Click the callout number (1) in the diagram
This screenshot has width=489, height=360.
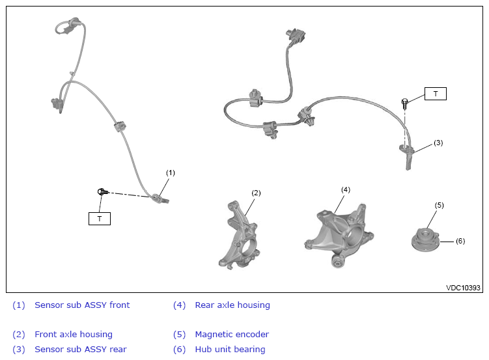coord(171,173)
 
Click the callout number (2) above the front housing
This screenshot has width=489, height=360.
coord(256,193)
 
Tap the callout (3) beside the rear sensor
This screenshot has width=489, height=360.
coord(438,143)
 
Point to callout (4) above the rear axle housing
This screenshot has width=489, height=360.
coord(346,189)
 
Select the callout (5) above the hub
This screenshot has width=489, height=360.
coord(440,205)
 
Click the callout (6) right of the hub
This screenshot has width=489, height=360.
coord(460,241)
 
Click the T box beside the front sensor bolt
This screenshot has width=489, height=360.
coord(100,219)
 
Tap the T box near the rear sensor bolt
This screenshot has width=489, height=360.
coord(436,94)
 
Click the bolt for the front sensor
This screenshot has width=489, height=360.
coord(102,191)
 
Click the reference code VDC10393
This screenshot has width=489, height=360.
coord(463,287)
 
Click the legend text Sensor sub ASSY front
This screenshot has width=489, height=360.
coord(82,305)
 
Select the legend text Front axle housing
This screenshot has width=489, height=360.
coord(74,335)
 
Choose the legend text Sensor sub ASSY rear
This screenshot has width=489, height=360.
coord(81,350)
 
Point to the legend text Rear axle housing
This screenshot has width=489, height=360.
coord(232,305)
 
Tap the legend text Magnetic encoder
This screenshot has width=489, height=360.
coord(232,335)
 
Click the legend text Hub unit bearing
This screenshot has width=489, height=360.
coord(230,350)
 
